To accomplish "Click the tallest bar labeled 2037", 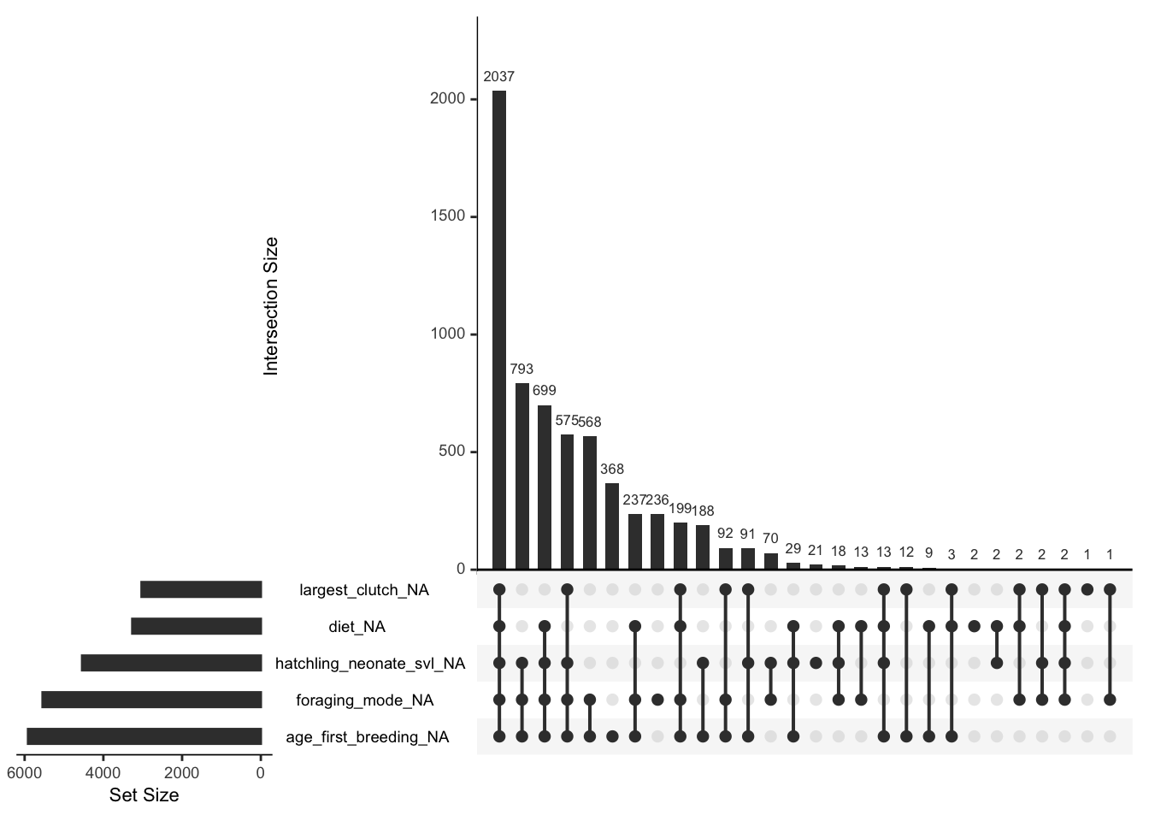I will [499, 329].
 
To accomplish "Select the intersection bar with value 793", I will [521, 475].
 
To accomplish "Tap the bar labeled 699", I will [545, 487].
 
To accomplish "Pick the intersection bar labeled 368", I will [612, 526].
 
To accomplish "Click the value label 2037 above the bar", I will [499, 77].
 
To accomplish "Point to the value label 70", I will [770, 539].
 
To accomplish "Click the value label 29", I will [793, 548].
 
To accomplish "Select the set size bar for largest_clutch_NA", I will [201, 589].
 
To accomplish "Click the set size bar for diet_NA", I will [197, 626].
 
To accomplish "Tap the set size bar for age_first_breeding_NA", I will [144, 736].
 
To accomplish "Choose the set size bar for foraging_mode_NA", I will [151, 700].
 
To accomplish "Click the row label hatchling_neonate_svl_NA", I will [370, 664].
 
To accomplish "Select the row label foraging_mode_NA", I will [365, 700].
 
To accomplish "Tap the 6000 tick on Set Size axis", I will [24, 773].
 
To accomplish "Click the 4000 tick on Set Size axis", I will [103, 773].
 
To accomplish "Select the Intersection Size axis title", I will [271, 306].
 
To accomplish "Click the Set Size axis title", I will [144, 795].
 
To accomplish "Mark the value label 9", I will [929, 553].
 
